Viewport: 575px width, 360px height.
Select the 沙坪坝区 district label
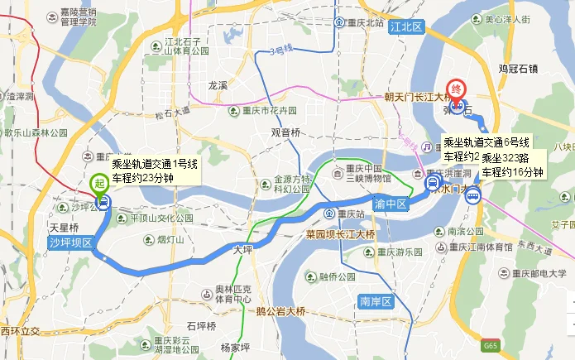[70, 242]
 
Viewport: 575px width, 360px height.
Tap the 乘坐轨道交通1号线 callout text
[155, 164]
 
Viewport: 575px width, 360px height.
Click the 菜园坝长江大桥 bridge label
[341, 235]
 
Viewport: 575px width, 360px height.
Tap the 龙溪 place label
[218, 85]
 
